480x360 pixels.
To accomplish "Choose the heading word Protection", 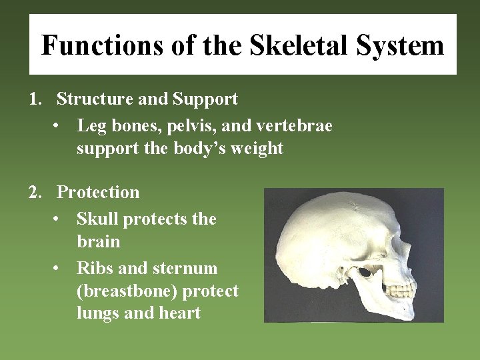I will (98, 193).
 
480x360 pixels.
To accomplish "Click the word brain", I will (98, 241).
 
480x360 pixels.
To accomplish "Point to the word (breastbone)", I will (127, 291).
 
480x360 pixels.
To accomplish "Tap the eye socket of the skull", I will (366, 271).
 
